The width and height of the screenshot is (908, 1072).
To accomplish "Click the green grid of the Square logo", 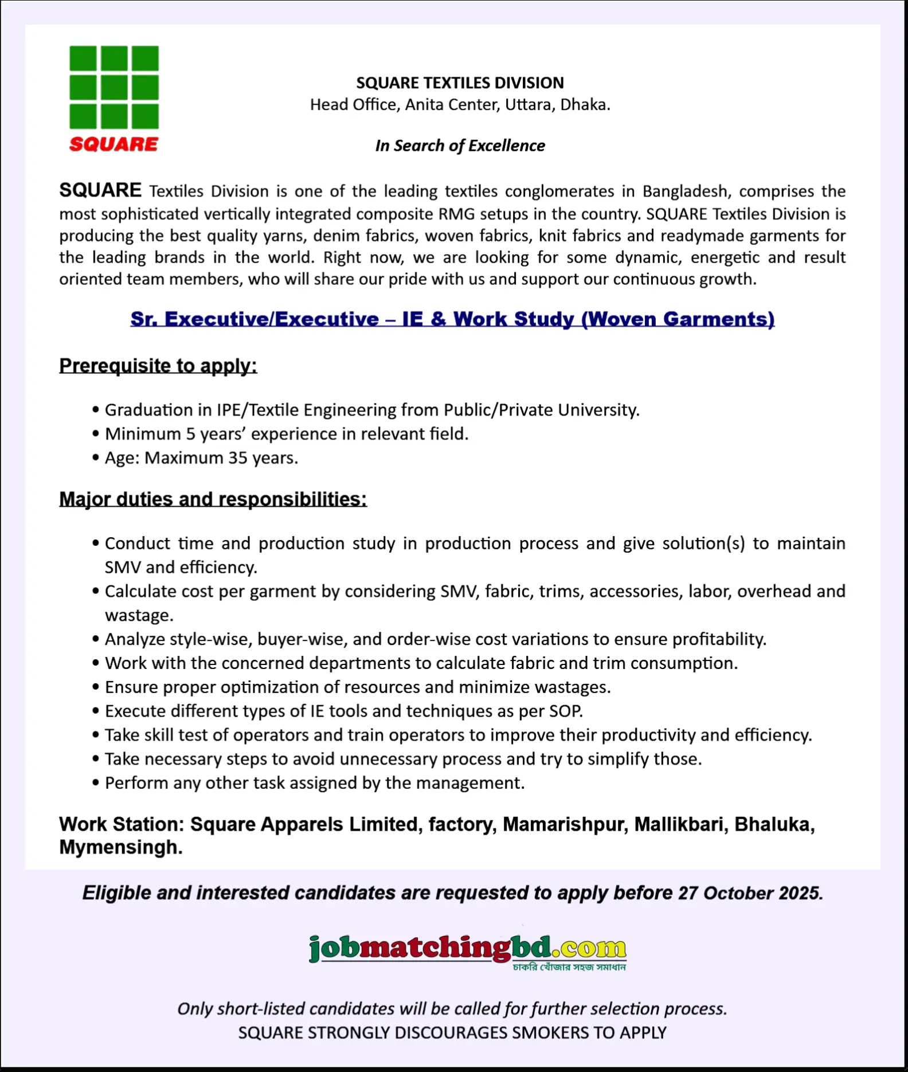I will coord(114,87).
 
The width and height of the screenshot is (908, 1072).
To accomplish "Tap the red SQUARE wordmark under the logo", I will coord(113,144).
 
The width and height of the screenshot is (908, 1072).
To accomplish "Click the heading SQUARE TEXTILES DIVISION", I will coord(460,83).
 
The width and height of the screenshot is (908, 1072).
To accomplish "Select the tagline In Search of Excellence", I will coord(460,146).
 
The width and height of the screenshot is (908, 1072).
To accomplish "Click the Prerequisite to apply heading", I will coord(158,366).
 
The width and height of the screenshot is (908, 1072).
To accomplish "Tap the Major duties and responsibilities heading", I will coord(213,499).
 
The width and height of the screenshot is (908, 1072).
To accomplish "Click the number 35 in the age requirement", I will coord(238,458).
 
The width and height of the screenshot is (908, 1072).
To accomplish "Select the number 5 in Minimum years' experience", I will coord(191,434).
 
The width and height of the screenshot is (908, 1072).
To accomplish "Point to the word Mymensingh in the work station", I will coord(120,847).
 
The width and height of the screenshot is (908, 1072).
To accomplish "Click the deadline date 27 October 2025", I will coord(750,893).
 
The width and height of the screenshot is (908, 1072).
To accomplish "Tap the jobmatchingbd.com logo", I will coord(467,949).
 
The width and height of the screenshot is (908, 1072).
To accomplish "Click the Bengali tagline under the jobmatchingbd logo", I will coord(569,968).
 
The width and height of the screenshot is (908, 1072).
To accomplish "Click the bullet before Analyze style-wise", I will coord(96,639).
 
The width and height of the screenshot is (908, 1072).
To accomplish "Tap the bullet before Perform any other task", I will coord(96,783).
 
